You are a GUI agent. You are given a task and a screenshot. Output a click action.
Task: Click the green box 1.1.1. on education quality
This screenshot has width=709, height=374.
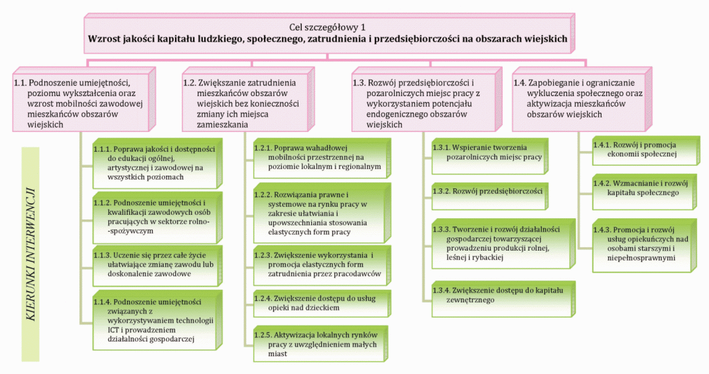coord(154,163)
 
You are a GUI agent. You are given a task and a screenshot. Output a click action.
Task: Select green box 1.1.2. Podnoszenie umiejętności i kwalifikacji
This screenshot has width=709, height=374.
coord(154,216)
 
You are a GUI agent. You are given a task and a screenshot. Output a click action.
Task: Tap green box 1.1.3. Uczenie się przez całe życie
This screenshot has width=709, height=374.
coord(154,263)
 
